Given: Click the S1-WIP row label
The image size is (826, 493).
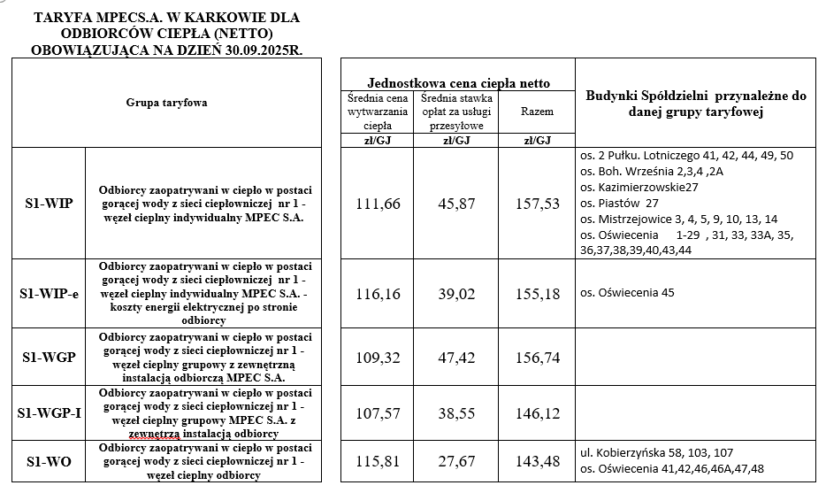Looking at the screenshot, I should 49,204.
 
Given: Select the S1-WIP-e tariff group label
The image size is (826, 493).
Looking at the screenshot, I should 49,294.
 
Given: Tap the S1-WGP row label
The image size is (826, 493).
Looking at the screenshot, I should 49,358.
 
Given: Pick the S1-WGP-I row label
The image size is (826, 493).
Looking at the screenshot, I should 49,413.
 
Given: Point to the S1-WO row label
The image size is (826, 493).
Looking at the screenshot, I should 49,461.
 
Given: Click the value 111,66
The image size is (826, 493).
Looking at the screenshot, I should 378,204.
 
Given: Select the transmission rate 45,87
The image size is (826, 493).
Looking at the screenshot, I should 456,204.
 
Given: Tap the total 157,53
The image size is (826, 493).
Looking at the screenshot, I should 537,204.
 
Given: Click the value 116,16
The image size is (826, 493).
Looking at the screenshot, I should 378,294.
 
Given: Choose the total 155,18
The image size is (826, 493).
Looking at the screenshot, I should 537,294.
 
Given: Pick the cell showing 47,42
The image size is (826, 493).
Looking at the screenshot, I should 456,358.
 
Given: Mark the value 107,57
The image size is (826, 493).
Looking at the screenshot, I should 378,413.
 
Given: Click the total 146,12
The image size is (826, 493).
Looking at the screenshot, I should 537,413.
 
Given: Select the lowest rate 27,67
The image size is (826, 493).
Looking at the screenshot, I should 456,461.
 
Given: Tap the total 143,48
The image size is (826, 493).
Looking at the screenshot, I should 537,461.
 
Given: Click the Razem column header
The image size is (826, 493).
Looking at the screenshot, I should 537,112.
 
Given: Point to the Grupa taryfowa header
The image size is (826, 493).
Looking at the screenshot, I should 166,103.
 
